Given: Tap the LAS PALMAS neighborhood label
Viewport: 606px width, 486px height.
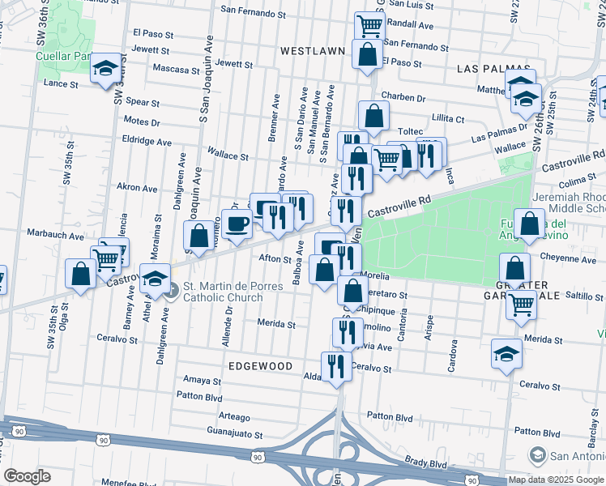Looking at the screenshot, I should coord(493,69).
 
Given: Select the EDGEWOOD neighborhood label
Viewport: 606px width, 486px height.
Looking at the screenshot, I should coord(260,366).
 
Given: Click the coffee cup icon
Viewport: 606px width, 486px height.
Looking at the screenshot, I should coord(237,224).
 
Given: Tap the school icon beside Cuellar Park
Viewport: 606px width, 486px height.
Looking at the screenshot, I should coord(105,69).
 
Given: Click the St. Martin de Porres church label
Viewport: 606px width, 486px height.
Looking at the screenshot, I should coord(223,292).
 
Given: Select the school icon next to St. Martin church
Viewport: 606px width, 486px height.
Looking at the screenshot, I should coord(154,279).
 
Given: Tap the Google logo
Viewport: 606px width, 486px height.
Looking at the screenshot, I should coord(28,476).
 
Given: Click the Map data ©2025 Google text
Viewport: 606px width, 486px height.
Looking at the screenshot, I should coord(556,480).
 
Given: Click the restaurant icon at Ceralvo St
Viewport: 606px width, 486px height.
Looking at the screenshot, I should coord(335,366).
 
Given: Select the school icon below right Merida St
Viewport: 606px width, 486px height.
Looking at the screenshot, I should coord(506,354).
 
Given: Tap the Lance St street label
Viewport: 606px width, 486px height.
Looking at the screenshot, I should coord(61,83).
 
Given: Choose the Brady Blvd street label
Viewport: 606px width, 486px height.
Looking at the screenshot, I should coord(426,463).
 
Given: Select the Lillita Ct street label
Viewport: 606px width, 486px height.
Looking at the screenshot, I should coord(448,118).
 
